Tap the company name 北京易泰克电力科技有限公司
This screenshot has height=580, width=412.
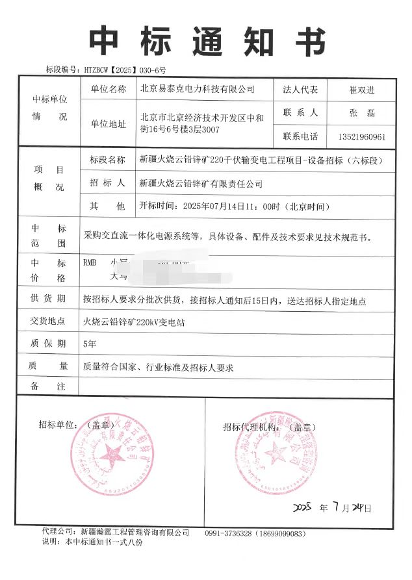coord(198,89)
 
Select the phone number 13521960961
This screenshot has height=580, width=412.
coord(362,137)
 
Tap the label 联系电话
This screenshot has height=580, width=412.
coord(300,137)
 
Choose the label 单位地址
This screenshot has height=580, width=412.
coord(108,125)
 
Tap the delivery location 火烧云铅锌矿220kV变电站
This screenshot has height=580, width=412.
coord(133,322)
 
